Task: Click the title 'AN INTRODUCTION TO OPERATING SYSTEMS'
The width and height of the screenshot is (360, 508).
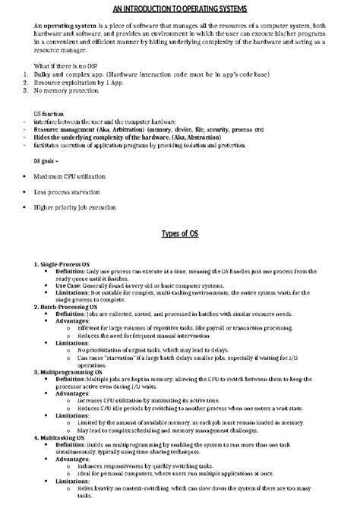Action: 179,8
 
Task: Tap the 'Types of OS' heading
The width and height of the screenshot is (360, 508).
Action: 180,233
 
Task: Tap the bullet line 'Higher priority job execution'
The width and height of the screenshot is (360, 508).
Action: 74,207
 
